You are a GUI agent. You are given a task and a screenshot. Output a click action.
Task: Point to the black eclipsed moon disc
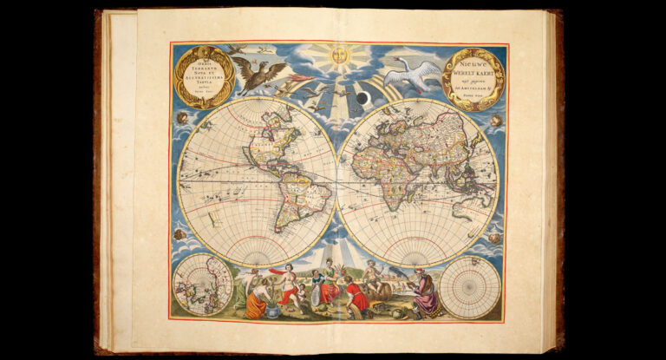click(363, 99)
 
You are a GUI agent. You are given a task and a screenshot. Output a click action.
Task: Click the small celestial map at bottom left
click(202, 285)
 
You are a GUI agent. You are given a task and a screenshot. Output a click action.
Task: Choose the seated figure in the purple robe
click(425, 292)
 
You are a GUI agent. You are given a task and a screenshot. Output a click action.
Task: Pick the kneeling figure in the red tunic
click(356, 295)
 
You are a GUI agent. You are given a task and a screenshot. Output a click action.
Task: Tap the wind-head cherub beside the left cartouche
click(182, 117)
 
